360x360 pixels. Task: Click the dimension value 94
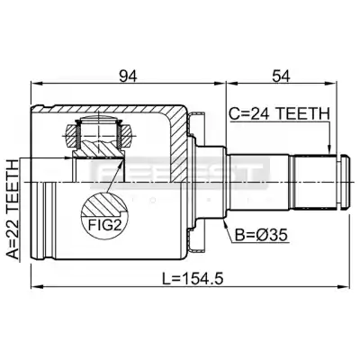[x=128, y=76]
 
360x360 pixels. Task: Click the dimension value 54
[x=281, y=76]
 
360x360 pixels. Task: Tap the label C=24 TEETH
[x=280, y=114]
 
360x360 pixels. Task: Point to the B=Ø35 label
[x=261, y=235]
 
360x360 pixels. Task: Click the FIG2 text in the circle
[x=103, y=225]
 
